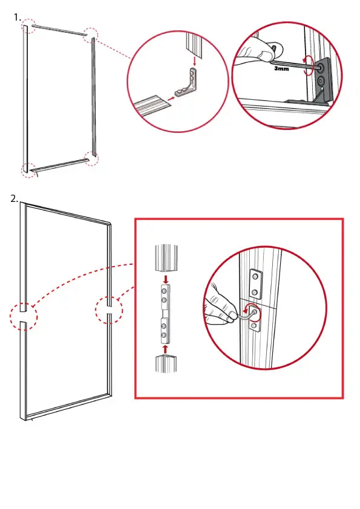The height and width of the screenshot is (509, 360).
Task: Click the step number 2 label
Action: pyautogui.click(x=14, y=199)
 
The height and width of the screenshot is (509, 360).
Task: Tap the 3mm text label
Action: pyautogui.click(x=281, y=68)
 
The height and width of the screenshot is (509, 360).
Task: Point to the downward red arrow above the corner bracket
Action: pyautogui.click(x=194, y=61)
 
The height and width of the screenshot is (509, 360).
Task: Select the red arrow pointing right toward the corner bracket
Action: pyautogui.click(x=172, y=97)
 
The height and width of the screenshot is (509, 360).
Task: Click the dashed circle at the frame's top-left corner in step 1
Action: pyautogui.click(x=28, y=25)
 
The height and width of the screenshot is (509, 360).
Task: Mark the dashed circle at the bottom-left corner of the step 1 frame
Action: pyautogui.click(x=29, y=170)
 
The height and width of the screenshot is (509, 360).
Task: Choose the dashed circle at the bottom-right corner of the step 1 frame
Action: pyautogui.click(x=91, y=158)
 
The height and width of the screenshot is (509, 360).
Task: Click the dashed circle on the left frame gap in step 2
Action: pyautogui.click(x=24, y=316)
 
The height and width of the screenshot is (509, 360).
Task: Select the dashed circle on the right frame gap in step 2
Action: pyautogui.click(x=109, y=310)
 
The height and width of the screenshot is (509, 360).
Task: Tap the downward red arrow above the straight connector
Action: pyautogui.click(x=166, y=279)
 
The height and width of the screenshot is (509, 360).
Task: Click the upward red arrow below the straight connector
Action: pyautogui.click(x=166, y=349)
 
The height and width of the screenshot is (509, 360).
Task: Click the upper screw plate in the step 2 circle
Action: pyautogui.click(x=257, y=284)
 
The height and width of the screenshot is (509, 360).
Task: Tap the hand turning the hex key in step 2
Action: pyautogui.click(x=221, y=304)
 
